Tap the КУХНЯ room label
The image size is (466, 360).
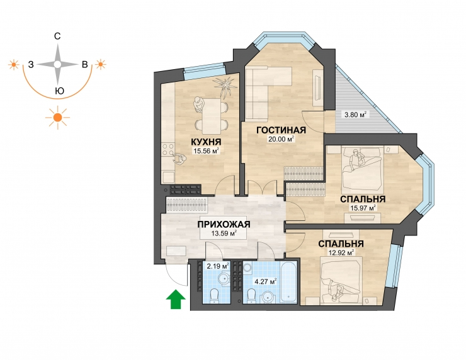coord(207,142)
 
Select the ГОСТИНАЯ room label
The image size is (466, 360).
coord(281,130)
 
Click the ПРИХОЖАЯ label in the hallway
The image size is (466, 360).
coord(224,224)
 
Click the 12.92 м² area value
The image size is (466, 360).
coord(341,253)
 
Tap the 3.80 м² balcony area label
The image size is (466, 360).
coord(355,115)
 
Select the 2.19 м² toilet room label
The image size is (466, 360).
coord(218,266)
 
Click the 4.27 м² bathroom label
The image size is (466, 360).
coord(266,281)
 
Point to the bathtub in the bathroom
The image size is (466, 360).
coord(288,283)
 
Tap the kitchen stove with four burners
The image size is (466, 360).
coord(168,150)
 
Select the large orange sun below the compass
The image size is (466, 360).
coord(58,118)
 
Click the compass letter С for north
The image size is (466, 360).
coord(57,37)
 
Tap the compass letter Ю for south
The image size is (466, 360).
coord(60,91)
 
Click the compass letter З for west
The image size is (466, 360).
coord(31,64)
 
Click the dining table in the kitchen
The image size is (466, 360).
coord(212,115)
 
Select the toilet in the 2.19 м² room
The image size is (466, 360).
coord(214,296)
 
